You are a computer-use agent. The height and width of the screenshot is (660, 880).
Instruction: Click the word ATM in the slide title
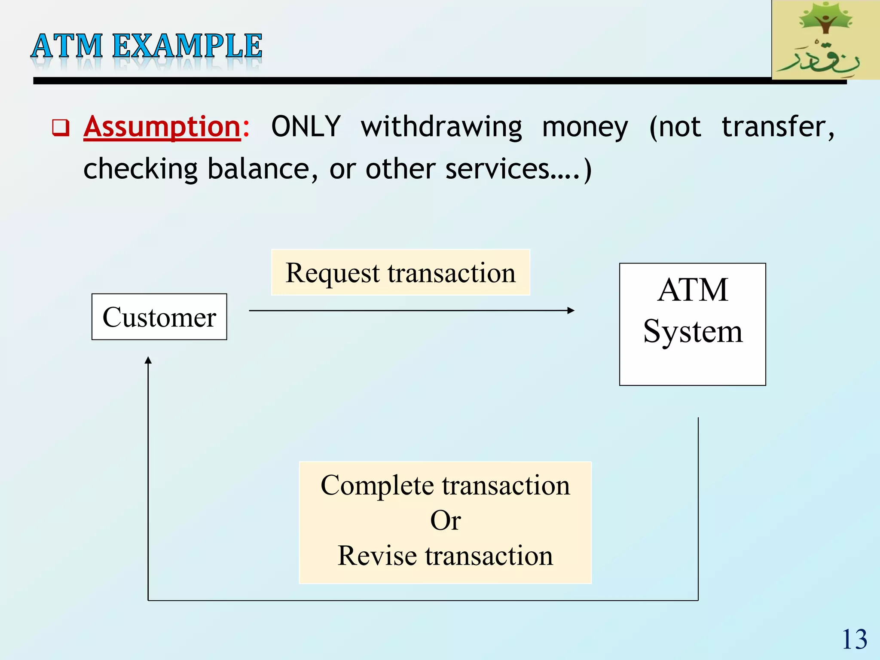pos(67,46)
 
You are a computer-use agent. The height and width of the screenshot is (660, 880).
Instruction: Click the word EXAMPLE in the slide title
pos(187,46)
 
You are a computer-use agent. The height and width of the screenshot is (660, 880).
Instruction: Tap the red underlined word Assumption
pos(162,126)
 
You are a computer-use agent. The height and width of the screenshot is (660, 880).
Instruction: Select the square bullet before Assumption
pos(60,128)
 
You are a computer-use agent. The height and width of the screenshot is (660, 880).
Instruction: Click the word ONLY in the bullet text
pos(306,126)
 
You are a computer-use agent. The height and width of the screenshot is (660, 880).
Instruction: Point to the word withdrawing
pos(441,127)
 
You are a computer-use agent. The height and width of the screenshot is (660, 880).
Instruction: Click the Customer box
pos(159,317)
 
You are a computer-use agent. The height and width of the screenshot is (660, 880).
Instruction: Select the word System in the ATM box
pos(692,332)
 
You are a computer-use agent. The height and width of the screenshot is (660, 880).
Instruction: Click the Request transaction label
pos(400,272)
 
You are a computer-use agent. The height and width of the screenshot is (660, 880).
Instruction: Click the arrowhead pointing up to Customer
pos(148,361)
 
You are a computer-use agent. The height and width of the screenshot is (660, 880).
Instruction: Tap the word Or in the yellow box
pos(445,520)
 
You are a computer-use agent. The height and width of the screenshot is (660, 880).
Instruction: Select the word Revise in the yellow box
pos(377,556)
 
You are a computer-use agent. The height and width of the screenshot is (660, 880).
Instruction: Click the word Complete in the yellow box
pos(377,486)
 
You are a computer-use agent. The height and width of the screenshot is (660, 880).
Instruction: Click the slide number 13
pos(854,639)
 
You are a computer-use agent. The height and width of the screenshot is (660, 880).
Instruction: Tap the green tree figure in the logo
pos(825,19)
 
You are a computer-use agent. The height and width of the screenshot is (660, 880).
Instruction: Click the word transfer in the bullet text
pos(778,126)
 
